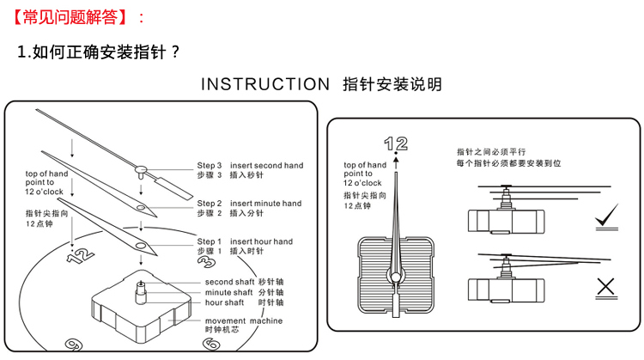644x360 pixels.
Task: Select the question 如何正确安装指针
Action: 99,52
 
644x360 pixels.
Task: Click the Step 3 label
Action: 210,165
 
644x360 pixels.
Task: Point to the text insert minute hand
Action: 266,204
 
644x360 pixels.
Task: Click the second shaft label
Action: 229,282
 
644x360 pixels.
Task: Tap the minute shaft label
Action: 229,292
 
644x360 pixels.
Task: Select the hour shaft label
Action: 226,302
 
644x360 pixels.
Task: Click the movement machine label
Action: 244,320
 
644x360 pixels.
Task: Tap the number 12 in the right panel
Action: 396,143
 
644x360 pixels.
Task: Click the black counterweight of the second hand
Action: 174,186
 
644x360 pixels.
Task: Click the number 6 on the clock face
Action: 210,345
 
